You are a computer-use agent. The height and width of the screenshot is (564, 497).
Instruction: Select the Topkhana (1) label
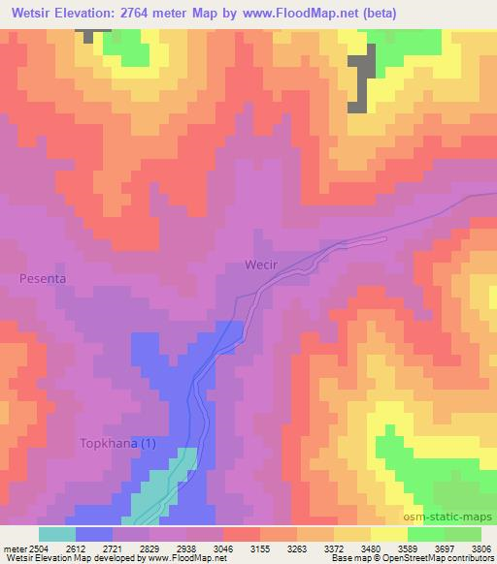[116, 443]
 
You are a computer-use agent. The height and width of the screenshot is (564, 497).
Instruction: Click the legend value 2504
[26, 548]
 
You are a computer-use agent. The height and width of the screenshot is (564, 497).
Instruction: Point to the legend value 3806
[480, 548]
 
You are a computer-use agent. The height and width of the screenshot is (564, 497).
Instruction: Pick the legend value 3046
[224, 548]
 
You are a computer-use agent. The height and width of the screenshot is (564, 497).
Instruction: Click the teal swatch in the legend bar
[56, 534]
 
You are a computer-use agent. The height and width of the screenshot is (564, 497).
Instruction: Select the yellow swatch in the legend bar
[388, 534]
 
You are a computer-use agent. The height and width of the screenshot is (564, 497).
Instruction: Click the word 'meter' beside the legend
[10, 548]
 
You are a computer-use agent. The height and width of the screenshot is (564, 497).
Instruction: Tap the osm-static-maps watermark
[451, 518]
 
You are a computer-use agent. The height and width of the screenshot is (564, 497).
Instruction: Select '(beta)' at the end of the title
[374, 13]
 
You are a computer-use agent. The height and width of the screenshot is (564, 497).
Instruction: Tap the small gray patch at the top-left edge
[93, 35]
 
